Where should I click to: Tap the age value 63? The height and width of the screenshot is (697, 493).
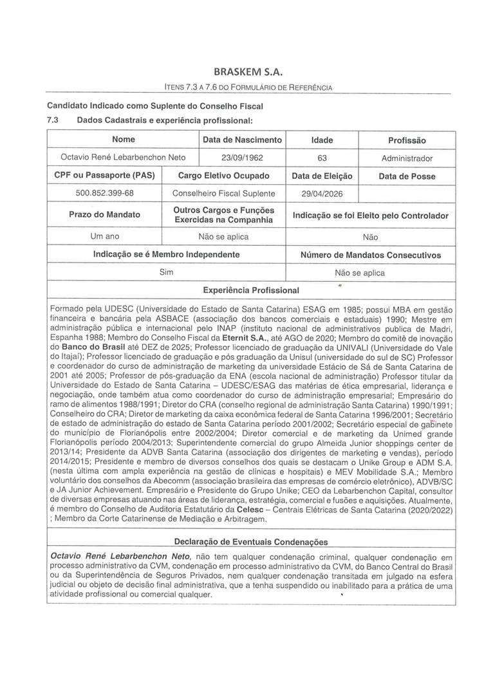[x=322, y=157]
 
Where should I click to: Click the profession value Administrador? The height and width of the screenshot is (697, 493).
[x=407, y=158]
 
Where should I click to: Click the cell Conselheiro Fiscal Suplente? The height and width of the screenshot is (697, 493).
[x=223, y=193]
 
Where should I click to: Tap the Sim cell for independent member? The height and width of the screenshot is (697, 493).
[x=167, y=272]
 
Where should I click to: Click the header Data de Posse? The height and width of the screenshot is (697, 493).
[x=407, y=176]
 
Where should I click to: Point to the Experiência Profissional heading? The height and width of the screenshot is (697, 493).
[x=250, y=290]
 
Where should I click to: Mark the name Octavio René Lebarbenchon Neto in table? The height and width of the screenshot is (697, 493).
[x=122, y=157]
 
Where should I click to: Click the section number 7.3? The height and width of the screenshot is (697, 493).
[x=53, y=120]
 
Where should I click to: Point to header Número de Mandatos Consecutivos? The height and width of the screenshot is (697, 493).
[x=370, y=255]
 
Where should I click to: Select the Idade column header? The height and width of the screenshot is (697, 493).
[x=322, y=140]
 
